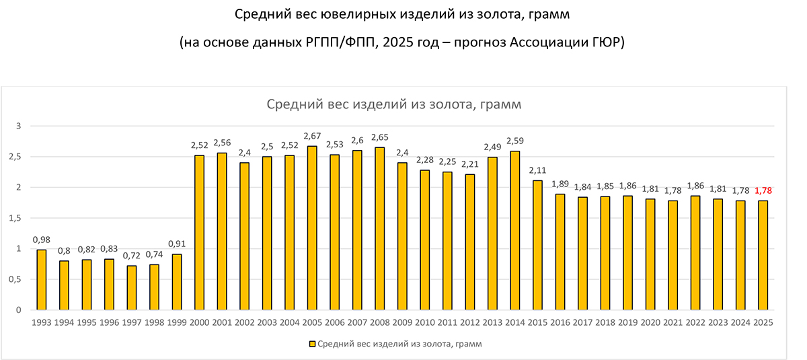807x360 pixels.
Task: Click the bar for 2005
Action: point(312,228)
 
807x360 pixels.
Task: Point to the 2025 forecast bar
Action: point(763,255)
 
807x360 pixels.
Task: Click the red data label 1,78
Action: point(763,190)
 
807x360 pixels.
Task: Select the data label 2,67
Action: point(312,137)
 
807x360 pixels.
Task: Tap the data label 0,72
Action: point(132,256)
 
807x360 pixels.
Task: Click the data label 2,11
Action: point(537,171)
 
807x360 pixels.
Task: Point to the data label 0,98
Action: point(42,240)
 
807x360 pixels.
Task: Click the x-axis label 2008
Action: point(380,322)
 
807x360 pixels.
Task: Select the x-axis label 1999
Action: point(177,322)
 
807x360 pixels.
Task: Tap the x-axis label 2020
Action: point(650,322)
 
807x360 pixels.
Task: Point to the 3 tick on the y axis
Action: point(20,126)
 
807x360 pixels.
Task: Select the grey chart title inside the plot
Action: point(394,105)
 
